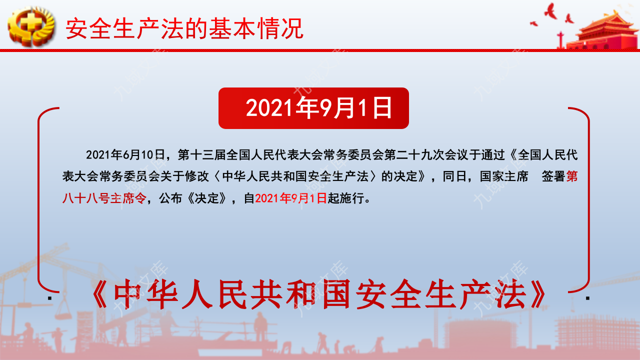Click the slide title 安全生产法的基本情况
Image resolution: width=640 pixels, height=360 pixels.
point(184,28)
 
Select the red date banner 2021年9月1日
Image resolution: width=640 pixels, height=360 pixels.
point(313,108)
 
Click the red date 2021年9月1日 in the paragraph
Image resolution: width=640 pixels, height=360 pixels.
point(291,198)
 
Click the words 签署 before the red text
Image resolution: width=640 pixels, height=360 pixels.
point(553,176)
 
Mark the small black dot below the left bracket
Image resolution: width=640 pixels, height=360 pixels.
point(50,298)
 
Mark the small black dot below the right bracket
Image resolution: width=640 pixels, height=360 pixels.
point(588,298)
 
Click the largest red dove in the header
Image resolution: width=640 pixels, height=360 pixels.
point(550,11)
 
